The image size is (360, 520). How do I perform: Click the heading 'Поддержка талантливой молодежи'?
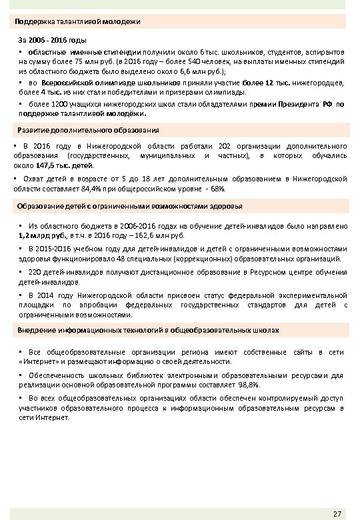(x=78, y=22)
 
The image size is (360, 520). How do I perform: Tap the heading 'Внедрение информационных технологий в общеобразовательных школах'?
(x=148, y=331)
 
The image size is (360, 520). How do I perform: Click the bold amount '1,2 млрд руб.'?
(x=41, y=235)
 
